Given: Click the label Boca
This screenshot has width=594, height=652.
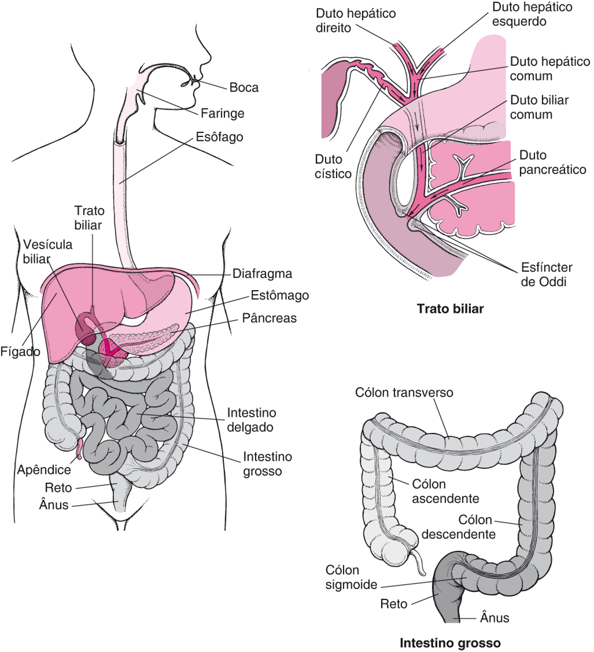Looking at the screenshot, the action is coord(244,88).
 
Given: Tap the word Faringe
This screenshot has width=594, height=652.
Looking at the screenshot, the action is coord(223,113).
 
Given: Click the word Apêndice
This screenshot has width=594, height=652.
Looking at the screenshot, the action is coord(44,470).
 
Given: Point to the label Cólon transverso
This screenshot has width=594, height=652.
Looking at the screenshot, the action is coord(404,393).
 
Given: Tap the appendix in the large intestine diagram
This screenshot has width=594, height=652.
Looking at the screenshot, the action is coord(419,564).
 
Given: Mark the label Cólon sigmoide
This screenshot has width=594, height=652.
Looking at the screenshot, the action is coord(351,577).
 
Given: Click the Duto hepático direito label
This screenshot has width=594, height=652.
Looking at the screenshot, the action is coord(356,21).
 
